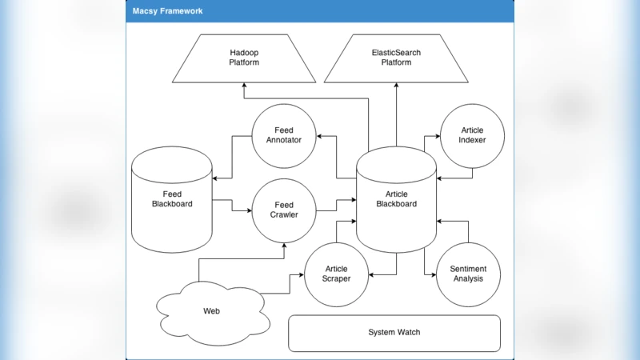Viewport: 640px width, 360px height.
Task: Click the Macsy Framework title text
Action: tap(167, 11)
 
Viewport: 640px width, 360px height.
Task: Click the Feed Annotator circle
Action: tap(284, 136)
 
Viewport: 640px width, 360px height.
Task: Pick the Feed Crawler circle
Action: tap(284, 210)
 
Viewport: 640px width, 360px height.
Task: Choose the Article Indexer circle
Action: tap(472, 136)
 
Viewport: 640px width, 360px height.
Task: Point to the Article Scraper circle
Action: tap(336, 274)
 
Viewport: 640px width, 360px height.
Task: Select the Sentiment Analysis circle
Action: tap(468, 274)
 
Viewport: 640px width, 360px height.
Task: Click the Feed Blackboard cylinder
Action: tap(172, 199)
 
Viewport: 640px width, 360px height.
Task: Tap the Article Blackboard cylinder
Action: tap(396, 199)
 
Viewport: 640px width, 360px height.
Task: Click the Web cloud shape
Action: tap(211, 310)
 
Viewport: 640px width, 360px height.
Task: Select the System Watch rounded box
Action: tap(394, 333)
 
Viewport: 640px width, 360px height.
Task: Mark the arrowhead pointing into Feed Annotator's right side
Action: tap(320, 136)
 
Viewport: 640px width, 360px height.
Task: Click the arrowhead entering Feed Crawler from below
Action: tap(284, 246)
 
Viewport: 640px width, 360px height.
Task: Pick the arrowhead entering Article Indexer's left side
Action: tap(438, 136)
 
